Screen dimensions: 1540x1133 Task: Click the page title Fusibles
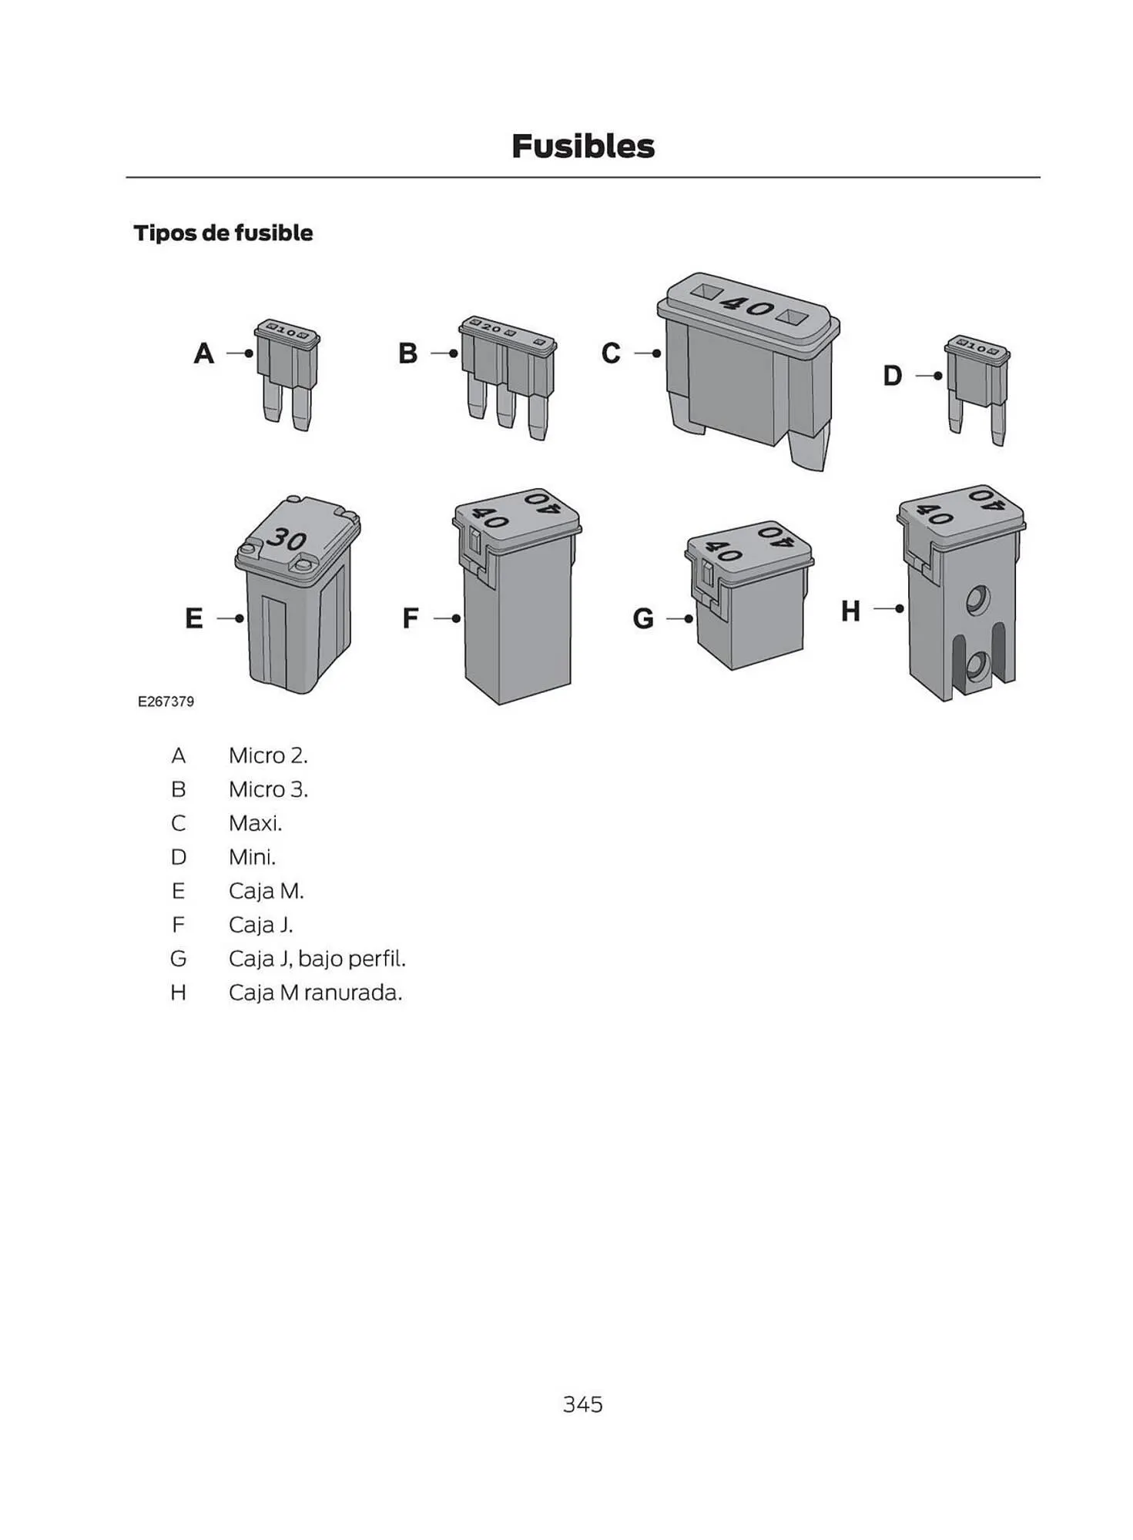[582, 146]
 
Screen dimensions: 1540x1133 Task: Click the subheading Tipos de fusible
[223, 233]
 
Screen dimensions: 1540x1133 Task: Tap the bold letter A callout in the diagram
[203, 353]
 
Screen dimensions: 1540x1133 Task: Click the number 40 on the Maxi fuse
[747, 306]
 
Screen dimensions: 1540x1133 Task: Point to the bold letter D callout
[892, 376]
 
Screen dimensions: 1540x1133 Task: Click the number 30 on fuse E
[287, 538]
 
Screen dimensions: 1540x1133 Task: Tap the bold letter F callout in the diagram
[411, 618]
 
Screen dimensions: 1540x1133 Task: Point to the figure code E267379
[166, 701]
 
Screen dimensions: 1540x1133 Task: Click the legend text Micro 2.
[268, 755]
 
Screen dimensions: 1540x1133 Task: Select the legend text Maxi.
[255, 823]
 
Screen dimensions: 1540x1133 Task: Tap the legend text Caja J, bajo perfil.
[317, 959]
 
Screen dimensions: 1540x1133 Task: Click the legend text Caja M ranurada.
[315, 993]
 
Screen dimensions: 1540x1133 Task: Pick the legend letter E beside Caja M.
[178, 891]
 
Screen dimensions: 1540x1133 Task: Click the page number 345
[582, 1404]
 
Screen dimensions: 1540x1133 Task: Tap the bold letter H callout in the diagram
[850, 611]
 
